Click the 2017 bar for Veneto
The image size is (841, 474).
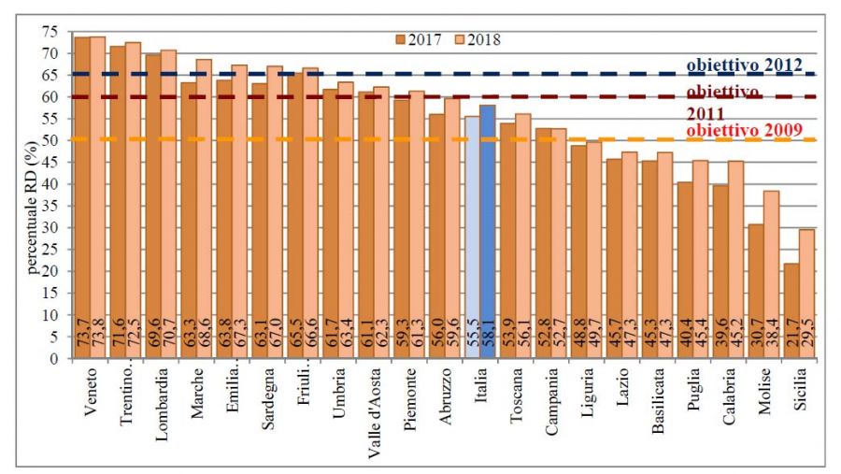pyautogui.click(x=83, y=187)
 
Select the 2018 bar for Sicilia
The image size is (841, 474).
pyautogui.click(x=807, y=280)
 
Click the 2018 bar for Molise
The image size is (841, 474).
pyautogui.click(x=772, y=262)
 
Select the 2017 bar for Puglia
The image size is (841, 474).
pyautogui.click(x=685, y=262)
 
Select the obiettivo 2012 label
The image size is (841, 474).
pyautogui.click(x=745, y=65)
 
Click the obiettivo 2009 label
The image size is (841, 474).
pyautogui.click(x=744, y=131)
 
